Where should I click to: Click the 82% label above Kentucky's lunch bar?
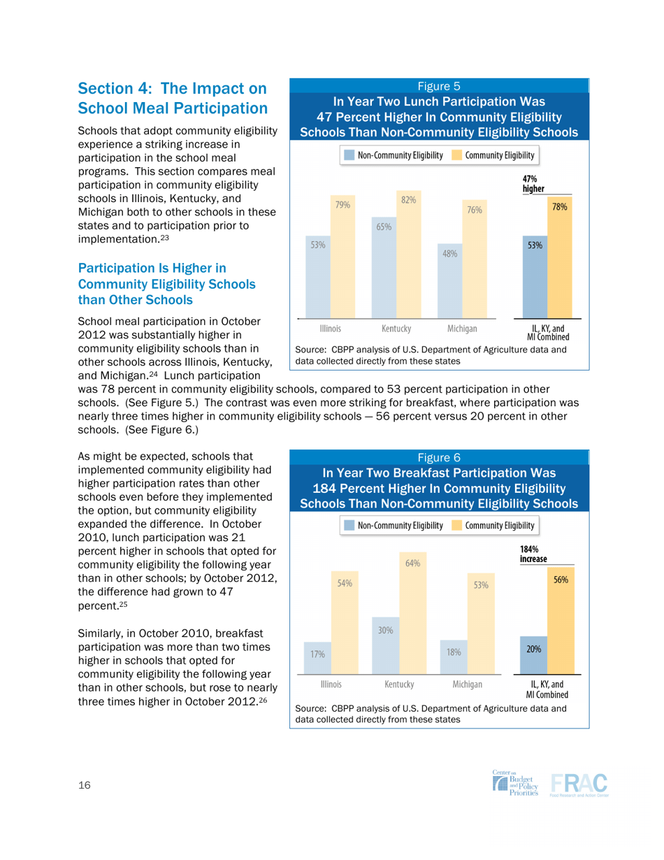[408, 200]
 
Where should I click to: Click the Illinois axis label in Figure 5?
[330, 328]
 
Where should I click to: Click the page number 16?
[85, 786]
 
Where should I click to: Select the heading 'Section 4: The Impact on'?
[173, 89]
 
